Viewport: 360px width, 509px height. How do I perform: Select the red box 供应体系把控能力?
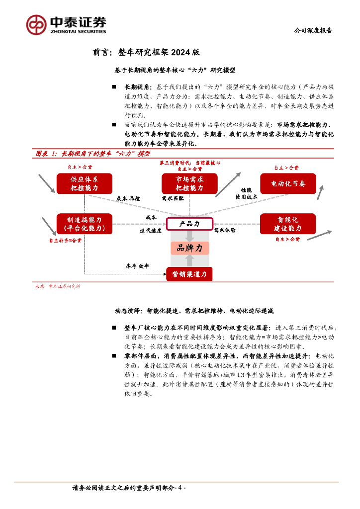pos(84,183)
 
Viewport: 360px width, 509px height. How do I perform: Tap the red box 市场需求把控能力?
pos(189,183)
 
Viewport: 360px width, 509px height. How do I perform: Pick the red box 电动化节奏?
pos(288,183)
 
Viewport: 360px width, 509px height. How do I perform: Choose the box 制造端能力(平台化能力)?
pos(84,224)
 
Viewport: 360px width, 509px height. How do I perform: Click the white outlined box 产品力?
pos(189,224)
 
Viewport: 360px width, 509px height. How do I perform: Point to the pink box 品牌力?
pos(189,248)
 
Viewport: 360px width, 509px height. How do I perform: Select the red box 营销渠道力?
pos(189,273)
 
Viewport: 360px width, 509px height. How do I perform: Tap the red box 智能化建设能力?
pos(288,224)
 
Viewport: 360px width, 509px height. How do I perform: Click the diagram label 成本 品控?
pos(128,198)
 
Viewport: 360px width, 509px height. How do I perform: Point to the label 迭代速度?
pos(151,231)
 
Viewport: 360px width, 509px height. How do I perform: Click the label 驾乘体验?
pos(225,231)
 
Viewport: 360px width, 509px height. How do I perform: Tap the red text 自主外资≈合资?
pos(65,240)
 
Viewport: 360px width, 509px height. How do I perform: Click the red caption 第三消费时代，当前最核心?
pos(189,163)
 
